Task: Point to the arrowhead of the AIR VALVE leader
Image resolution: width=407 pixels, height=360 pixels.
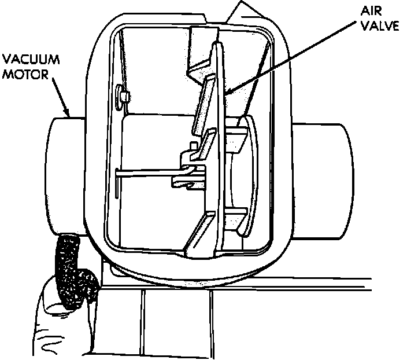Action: [x=227, y=93]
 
